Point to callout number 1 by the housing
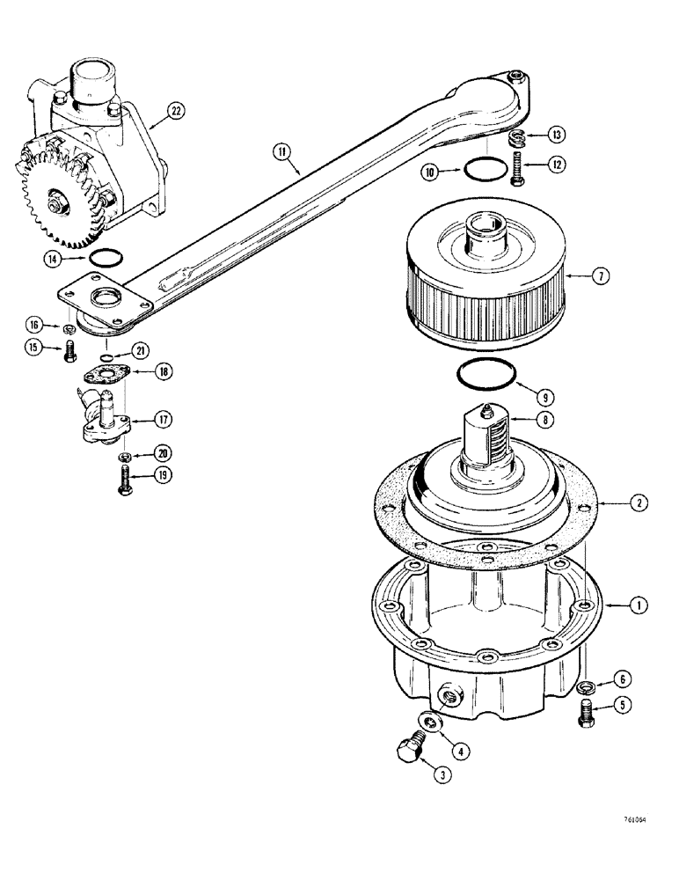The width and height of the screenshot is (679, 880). coord(639,605)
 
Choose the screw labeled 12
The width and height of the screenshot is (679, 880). coord(516,168)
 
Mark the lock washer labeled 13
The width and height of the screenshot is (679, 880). coord(519,139)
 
